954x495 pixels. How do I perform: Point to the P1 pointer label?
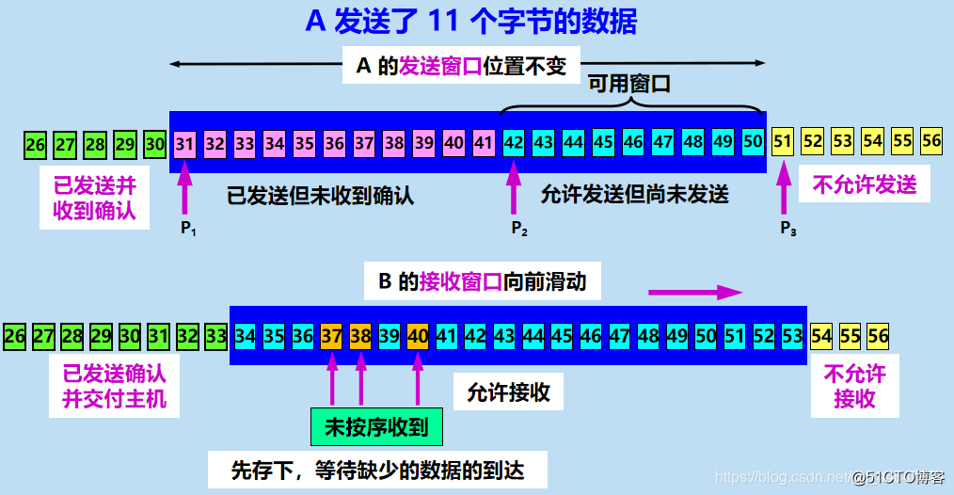188,229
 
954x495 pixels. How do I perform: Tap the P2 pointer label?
518,229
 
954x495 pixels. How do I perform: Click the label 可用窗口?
628,84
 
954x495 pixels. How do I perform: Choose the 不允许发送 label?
864,184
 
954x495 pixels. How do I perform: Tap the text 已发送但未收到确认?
321,196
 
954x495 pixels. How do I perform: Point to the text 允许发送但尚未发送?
635,195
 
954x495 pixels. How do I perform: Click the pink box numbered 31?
185,144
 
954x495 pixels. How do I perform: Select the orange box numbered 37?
331,336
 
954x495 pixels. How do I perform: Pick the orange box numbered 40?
418,336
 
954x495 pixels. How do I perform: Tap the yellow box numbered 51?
782,142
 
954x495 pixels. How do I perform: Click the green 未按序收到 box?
375,427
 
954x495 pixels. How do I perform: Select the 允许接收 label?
508,391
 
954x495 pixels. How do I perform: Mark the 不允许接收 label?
854,386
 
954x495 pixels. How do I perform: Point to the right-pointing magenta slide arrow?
696,293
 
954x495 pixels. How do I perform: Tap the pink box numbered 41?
484,144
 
